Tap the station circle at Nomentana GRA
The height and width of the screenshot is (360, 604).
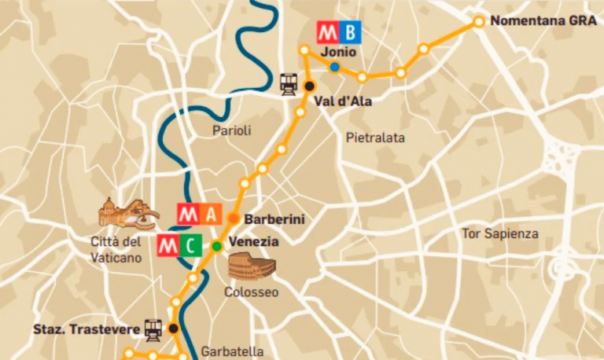(478, 22)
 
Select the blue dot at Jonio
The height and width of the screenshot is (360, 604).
(335, 68)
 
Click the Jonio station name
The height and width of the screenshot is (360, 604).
(339, 52)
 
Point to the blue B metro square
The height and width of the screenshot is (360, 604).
(351, 32)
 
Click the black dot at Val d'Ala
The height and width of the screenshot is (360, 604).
(310, 86)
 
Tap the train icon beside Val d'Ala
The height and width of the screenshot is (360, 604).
(288, 83)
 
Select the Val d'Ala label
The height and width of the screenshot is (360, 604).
(342, 101)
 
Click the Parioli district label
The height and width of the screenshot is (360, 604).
(232, 131)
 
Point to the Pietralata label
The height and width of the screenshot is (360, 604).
(375, 138)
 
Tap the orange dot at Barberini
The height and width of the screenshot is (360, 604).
(234, 219)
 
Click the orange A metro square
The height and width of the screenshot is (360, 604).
(210, 214)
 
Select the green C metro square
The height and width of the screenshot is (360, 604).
(190, 245)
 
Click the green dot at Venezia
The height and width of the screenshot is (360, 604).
(216, 246)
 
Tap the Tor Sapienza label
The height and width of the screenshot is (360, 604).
(500, 233)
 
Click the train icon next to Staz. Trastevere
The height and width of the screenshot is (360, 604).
(153, 329)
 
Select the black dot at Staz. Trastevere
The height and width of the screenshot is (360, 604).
(173, 329)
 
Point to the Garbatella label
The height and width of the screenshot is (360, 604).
(232, 351)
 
